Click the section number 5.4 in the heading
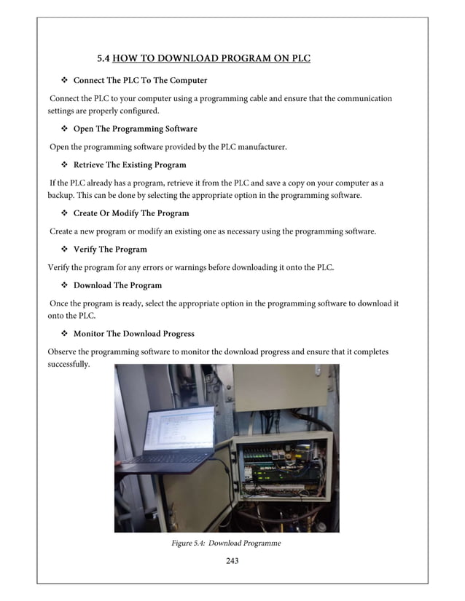point(104,58)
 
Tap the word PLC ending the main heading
point(300,58)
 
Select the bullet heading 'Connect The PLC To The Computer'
point(140,80)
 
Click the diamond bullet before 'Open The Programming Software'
point(63,129)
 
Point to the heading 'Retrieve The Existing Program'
point(130,164)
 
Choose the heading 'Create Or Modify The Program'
point(131,213)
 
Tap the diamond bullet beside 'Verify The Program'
point(63,250)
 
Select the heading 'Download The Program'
point(117,285)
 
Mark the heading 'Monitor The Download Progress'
point(133,334)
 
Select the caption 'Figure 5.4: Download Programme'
point(225,543)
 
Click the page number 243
point(232,560)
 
